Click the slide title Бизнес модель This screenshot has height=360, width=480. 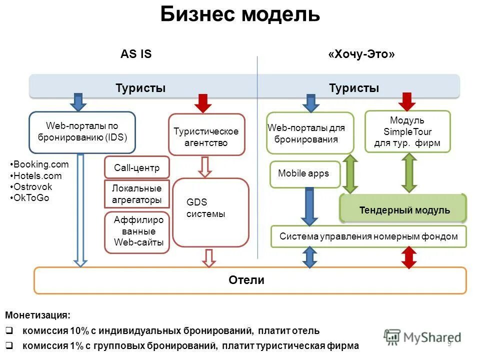tap(240, 14)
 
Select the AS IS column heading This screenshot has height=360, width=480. tap(136, 54)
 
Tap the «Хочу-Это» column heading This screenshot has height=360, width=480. tap(361, 54)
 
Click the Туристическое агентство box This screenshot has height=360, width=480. tap(206, 136)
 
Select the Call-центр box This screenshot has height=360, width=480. tap(136, 168)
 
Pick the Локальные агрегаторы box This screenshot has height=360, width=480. tap(136, 194)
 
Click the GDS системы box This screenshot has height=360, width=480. tap(210, 212)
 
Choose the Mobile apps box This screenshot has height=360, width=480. tap(304, 173)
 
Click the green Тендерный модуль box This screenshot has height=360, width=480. tap(404, 210)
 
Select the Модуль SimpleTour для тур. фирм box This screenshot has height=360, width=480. tap(407, 131)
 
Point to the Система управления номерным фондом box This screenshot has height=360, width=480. tap(368, 236)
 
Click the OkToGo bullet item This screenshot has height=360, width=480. tap(31, 197)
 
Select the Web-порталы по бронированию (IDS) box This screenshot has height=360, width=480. tap(82, 132)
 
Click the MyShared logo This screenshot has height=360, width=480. tap(422, 337)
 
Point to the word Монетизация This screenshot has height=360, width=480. tap(38, 315)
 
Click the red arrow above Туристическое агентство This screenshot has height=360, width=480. tap(203, 103)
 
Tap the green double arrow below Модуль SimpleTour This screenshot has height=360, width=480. tap(409, 172)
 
